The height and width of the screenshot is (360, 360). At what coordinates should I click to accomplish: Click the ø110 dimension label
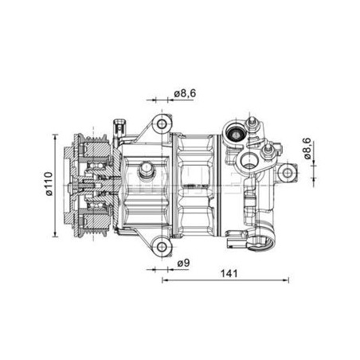[49, 184]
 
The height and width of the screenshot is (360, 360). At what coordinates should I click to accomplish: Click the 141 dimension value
[229, 273]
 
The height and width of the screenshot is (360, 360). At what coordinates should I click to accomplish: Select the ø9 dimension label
[184, 263]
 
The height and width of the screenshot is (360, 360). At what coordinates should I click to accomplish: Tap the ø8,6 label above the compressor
[185, 93]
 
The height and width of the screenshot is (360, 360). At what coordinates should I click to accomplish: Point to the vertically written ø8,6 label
[307, 148]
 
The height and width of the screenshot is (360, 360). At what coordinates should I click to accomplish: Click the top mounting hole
[162, 123]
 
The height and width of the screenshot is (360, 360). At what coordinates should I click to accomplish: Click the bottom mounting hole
[162, 247]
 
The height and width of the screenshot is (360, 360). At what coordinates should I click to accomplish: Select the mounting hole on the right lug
[288, 173]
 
